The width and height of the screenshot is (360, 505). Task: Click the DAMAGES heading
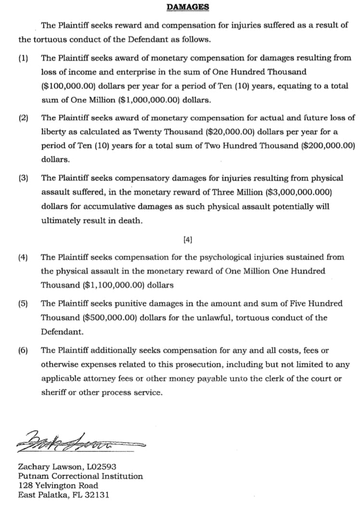pyautogui.click(x=188, y=7)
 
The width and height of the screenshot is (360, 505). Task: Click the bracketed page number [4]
pyautogui.click(x=188, y=239)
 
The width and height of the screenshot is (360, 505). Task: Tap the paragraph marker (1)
pyautogui.click(x=23, y=58)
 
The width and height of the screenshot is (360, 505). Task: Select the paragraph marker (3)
pyautogui.click(x=23, y=178)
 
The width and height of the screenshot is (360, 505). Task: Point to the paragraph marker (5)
pyautogui.click(x=23, y=304)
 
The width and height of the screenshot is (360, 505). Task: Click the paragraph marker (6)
pyautogui.click(x=23, y=350)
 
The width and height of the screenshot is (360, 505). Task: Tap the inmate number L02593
pyautogui.click(x=99, y=466)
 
